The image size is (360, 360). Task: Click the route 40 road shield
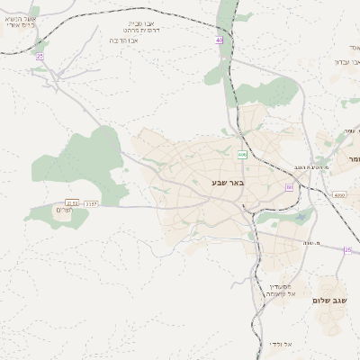click(219, 40)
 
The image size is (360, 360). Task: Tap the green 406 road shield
click(242, 156)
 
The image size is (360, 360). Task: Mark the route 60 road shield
click(289, 186)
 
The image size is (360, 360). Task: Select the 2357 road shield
click(91, 204)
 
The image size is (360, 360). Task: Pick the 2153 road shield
click(72, 204)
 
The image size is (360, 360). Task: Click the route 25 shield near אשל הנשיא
click(40, 56)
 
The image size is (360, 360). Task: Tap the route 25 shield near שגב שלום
click(347, 249)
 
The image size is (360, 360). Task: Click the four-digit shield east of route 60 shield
click(338, 194)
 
